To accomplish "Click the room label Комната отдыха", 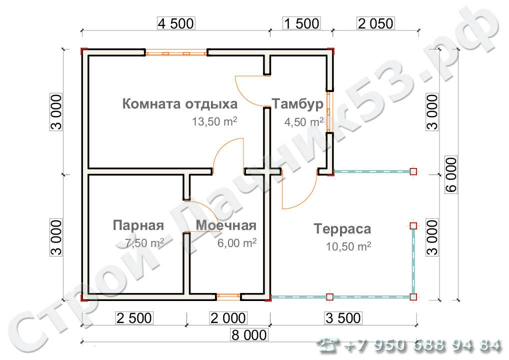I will [x=180, y=104].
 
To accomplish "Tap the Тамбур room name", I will [x=297, y=104].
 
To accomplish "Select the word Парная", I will [x=138, y=225].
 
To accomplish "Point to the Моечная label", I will [x=226, y=225].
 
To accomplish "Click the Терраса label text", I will [x=342, y=229].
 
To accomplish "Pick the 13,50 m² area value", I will [x=214, y=121].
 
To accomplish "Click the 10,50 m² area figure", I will [x=348, y=246].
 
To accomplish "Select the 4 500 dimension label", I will [x=175, y=23].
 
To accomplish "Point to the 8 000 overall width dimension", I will [x=249, y=334].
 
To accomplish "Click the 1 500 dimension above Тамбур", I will [x=301, y=23].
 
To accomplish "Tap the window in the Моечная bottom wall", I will [x=228, y=296].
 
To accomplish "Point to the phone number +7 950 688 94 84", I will [x=422, y=345].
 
